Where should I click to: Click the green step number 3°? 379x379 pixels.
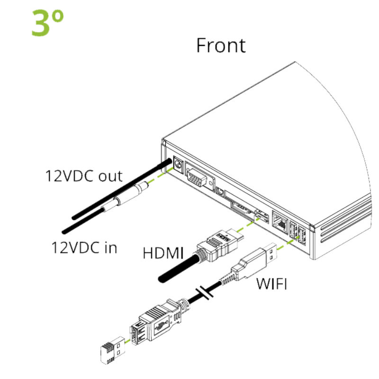(x=48, y=23)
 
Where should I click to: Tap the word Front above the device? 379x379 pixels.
(x=221, y=45)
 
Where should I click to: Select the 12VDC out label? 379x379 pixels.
(x=84, y=176)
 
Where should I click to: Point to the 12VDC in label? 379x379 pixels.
(x=84, y=247)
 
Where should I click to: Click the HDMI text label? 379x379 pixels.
(x=163, y=253)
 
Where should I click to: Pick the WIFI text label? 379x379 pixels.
(x=271, y=284)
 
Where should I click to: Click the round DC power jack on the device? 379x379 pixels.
(x=179, y=165)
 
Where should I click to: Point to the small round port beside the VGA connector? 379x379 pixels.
(x=220, y=191)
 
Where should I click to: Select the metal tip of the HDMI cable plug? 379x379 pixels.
(x=235, y=235)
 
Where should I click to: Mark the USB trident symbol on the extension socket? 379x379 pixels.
(x=161, y=326)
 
